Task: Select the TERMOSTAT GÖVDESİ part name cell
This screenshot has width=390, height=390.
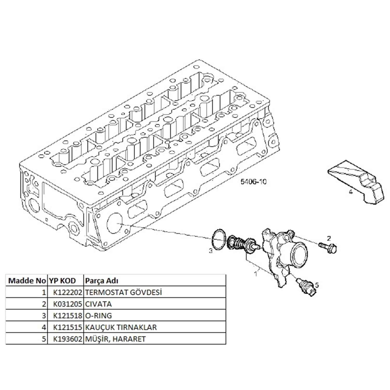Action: (123, 292)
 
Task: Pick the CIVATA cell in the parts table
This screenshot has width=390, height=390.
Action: (98, 304)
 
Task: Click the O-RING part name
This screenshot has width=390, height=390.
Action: (98, 316)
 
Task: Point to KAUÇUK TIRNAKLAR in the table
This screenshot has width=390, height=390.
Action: (121, 327)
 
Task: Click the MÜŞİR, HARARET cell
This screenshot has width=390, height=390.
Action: (115, 339)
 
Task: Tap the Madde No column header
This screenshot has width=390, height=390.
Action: (27, 281)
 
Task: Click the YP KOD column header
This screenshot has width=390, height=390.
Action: (62, 281)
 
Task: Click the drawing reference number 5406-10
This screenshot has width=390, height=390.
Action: (253, 181)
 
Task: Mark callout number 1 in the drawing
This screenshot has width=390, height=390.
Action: (256, 274)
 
